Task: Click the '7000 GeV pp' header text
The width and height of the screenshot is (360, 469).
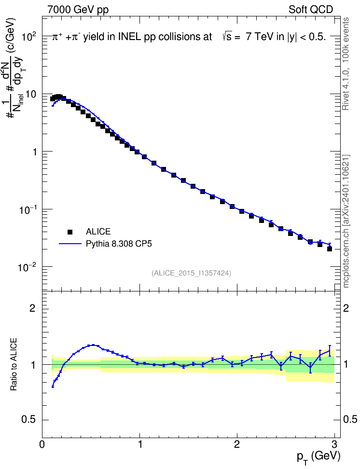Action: (78, 10)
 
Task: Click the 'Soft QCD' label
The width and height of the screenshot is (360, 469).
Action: (311, 10)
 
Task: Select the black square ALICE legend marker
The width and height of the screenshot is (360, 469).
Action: (70, 232)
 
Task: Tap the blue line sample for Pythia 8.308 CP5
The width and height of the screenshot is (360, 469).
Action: (70, 244)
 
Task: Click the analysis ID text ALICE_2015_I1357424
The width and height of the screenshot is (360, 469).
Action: (191, 273)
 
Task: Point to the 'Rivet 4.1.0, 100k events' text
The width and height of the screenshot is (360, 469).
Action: (346, 64)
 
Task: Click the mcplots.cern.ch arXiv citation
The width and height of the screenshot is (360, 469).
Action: (346, 221)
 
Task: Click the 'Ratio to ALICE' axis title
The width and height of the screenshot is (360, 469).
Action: (14, 364)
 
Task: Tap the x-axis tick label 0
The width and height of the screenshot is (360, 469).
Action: (42, 444)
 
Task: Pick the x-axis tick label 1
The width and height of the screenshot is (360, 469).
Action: (140, 444)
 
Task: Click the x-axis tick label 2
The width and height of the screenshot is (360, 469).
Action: (237, 444)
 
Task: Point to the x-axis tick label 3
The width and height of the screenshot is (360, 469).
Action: (334, 444)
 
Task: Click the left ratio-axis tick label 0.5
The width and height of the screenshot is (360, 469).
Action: (29, 420)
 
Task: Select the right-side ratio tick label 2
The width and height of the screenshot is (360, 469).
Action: (346, 308)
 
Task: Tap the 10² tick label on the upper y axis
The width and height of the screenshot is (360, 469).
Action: (29, 37)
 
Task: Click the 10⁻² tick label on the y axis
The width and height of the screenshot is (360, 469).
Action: (28, 267)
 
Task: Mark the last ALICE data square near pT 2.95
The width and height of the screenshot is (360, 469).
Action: (330, 248)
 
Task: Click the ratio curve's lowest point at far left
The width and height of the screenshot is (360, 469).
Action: (53, 386)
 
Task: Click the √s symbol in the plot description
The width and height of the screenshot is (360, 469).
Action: (227, 37)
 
